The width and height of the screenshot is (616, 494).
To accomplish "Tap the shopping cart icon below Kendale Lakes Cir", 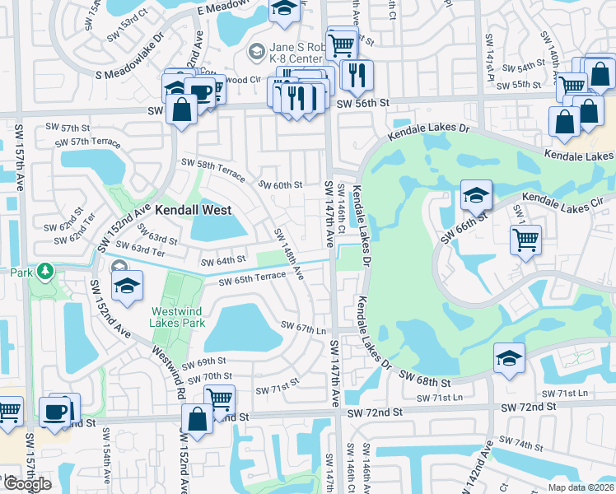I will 525,241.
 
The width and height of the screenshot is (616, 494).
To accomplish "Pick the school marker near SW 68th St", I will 509,360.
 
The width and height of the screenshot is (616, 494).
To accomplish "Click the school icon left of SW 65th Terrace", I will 128,287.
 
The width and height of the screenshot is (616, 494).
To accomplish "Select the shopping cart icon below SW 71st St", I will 219,399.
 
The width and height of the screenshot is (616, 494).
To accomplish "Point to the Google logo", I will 27,484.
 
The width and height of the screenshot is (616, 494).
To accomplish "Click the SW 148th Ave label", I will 288,253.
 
